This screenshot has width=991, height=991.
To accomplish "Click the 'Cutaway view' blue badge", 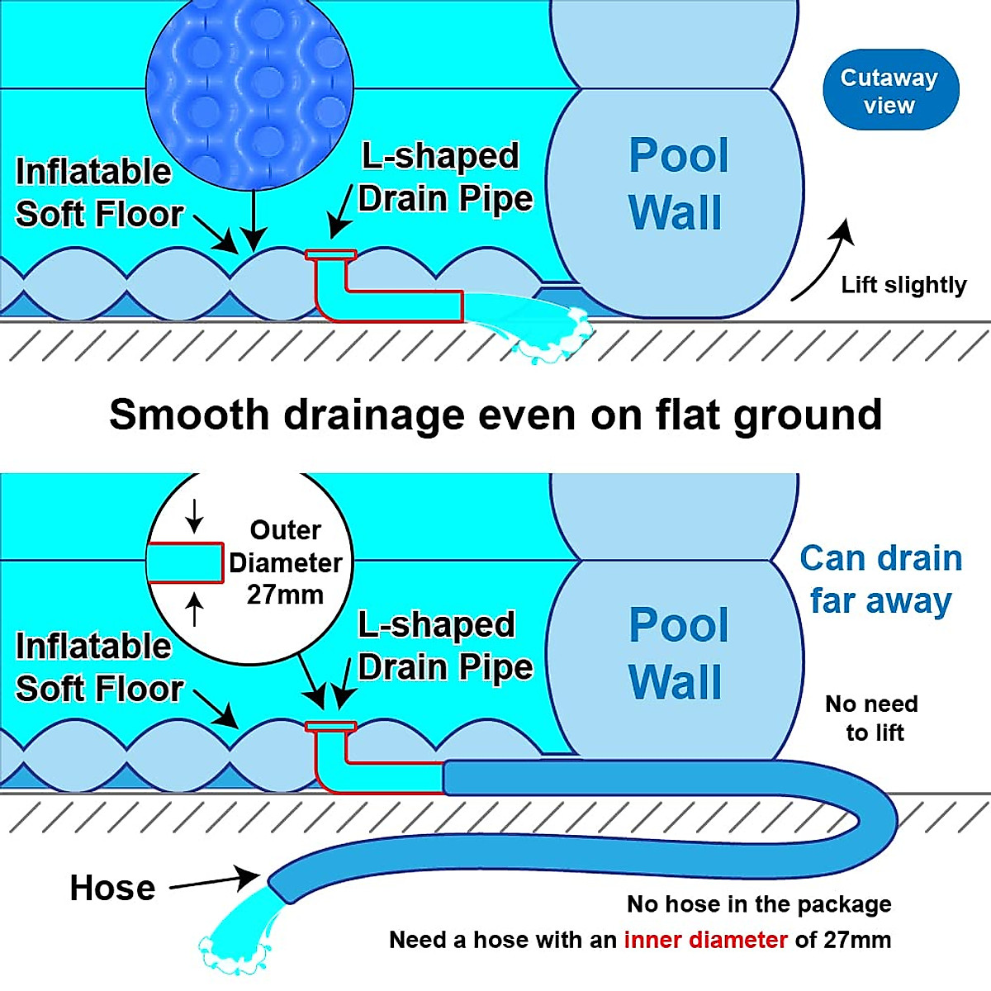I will point(890,90).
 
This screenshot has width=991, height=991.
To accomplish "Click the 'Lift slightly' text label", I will point(903,285).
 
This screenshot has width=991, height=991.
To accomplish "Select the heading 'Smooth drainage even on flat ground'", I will point(495,415).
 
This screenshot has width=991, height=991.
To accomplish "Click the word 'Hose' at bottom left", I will point(112,888).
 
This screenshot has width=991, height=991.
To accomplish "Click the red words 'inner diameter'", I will point(705,940).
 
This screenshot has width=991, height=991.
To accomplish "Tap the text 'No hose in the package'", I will point(759,904).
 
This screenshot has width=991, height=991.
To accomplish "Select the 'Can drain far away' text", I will point(880,580).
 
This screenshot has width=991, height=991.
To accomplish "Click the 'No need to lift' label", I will point(872,718).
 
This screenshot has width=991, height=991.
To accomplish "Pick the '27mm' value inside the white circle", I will point(285,595).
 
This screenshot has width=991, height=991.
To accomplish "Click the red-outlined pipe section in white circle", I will point(185,563).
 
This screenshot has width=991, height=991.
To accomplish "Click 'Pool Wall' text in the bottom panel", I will point(678,653).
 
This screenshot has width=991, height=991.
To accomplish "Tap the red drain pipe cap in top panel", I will point(330,255).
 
